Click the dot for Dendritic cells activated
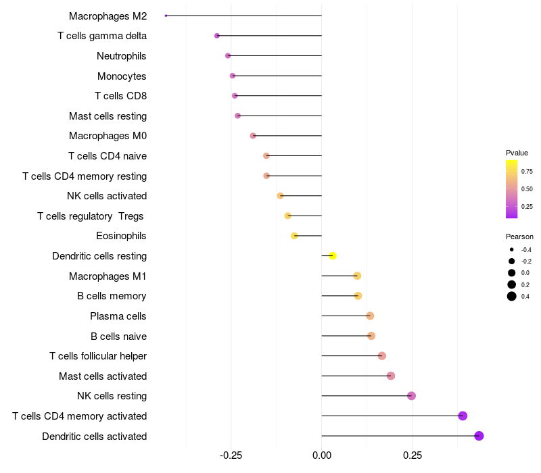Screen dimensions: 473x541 (479, 436)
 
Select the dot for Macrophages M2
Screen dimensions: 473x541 (166, 16)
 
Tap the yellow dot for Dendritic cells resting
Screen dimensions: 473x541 (333, 255)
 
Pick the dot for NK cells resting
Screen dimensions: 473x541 (411, 396)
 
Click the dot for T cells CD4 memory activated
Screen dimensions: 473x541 (463, 416)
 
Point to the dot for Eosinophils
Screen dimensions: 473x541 (294, 236)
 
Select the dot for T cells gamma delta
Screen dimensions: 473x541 (217, 36)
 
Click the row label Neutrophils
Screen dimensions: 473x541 (122, 56)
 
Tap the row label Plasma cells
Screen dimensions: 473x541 (118, 316)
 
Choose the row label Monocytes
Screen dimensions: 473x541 (122, 76)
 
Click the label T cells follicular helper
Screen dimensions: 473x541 (98, 356)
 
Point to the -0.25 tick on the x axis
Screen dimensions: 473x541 (231, 455)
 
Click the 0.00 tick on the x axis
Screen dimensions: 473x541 (322, 455)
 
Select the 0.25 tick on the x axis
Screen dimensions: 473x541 (413, 455)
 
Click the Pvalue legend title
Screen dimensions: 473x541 (517, 153)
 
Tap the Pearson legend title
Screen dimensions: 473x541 (519, 237)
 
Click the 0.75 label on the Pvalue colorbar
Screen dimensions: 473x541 (527, 172)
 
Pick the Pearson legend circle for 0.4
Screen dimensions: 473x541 (512, 297)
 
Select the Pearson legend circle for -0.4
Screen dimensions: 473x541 (512, 250)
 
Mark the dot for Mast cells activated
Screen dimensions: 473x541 (391, 376)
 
